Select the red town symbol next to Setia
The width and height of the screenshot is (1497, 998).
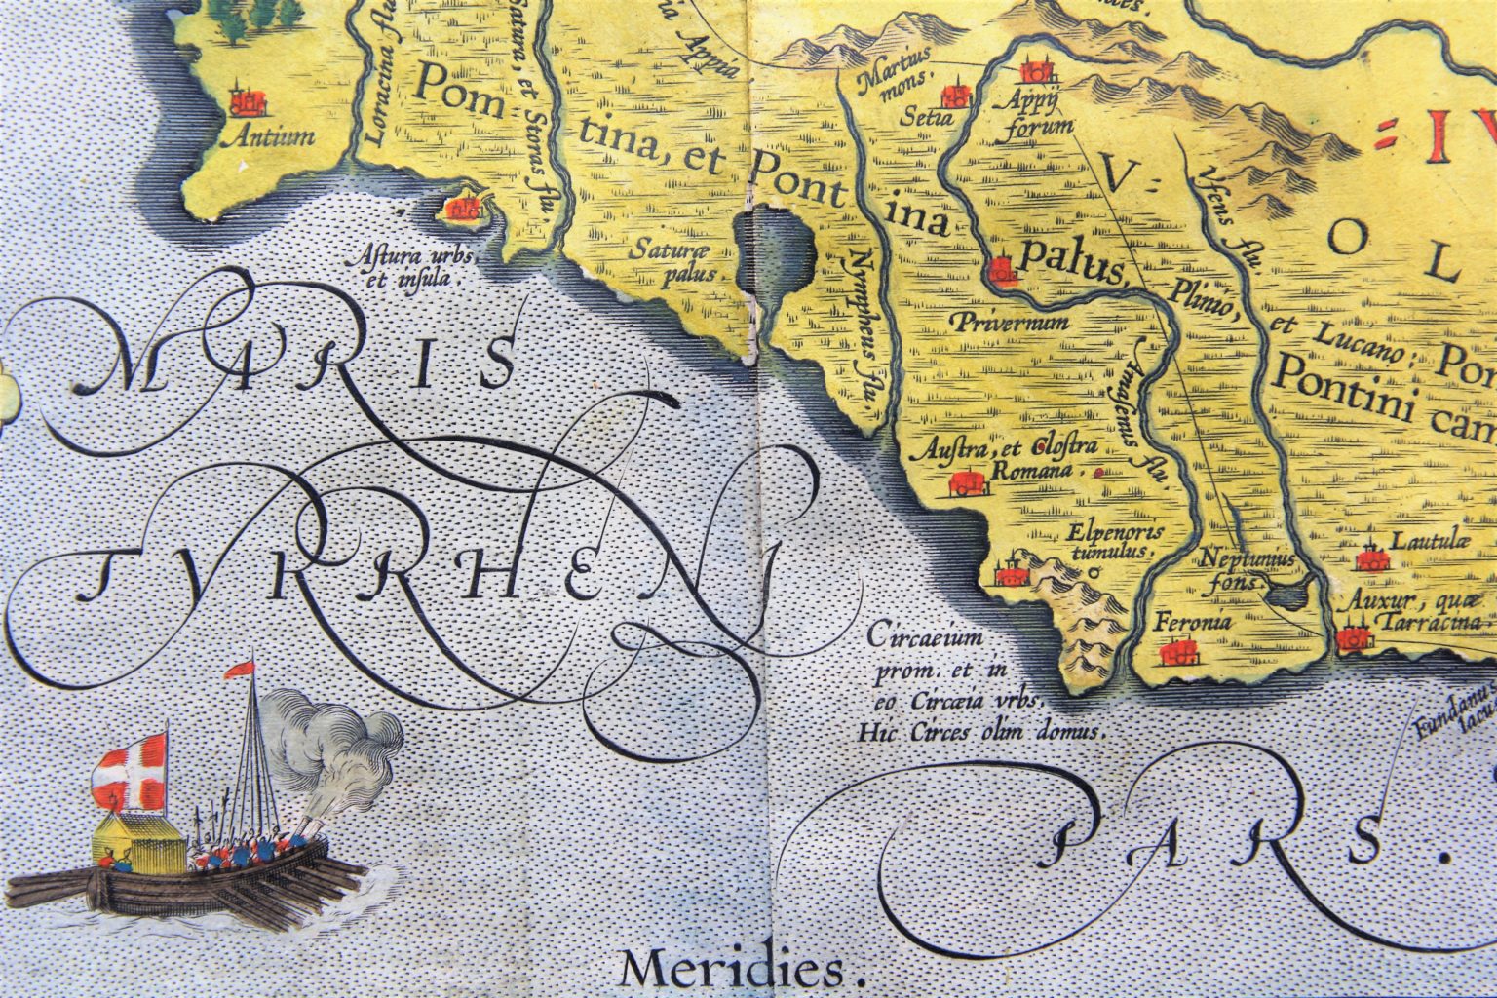tap(956, 96)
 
